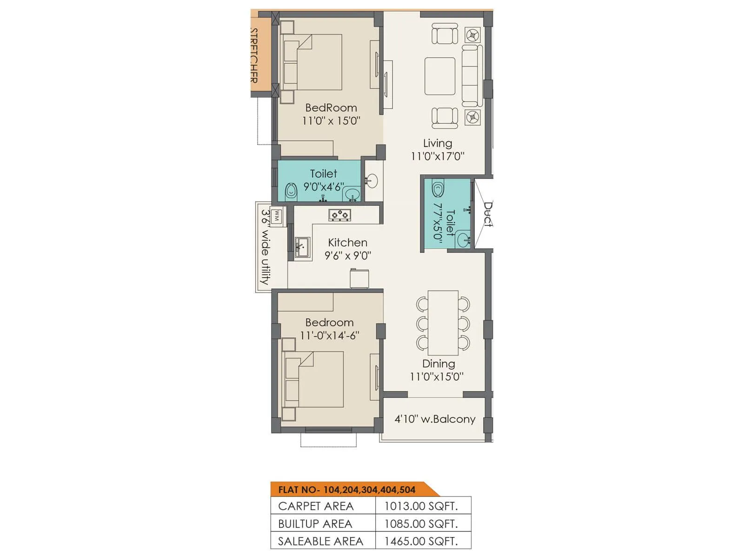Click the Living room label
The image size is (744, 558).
[437, 143]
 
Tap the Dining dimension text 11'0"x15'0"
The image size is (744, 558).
[436, 377]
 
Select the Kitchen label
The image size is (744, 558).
[347, 242]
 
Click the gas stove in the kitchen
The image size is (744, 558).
[339, 215]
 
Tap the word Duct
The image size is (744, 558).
[488, 214]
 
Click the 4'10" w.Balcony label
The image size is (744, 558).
[435, 419]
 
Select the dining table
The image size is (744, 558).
[443, 323]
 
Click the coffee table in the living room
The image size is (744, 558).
[439, 76]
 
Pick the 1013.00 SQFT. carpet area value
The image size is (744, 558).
[421, 506]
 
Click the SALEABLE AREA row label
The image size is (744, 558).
[320, 541]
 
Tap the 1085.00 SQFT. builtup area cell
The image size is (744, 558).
[421, 524]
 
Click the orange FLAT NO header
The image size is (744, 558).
[346, 490]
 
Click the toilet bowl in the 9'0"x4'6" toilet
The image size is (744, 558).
[291, 190]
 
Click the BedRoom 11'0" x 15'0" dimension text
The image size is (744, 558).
[331, 121]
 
